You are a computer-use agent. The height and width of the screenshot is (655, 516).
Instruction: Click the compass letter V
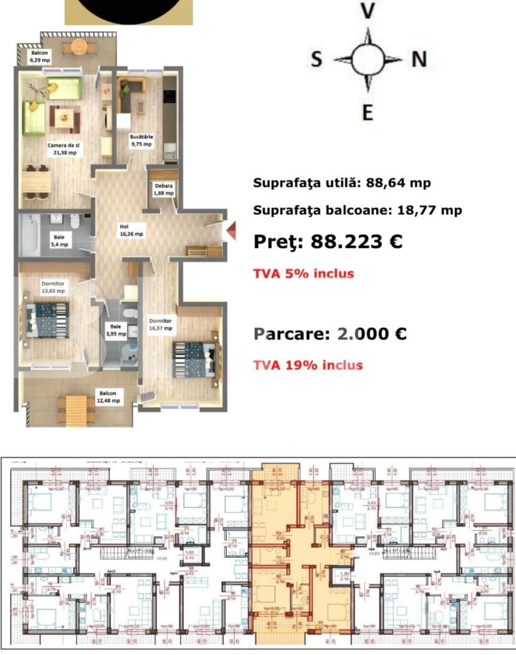(x=369, y=11)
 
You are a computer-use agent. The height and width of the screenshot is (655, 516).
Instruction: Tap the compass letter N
(x=419, y=59)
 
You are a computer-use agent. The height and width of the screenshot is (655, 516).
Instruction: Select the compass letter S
(x=317, y=60)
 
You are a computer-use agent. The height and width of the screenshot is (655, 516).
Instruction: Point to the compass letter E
(x=368, y=112)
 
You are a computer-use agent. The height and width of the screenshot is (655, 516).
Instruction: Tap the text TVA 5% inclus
(x=303, y=273)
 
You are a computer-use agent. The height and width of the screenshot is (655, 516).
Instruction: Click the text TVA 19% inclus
(x=308, y=365)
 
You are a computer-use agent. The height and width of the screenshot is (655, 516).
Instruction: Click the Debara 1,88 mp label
(x=165, y=189)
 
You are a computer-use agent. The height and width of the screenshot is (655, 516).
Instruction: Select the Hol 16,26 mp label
(x=131, y=230)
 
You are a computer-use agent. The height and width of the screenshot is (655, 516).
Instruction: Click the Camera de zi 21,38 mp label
(x=64, y=148)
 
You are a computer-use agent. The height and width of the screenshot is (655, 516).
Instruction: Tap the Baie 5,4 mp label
(x=60, y=240)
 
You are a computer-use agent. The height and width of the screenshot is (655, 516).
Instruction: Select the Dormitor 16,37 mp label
(x=160, y=324)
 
